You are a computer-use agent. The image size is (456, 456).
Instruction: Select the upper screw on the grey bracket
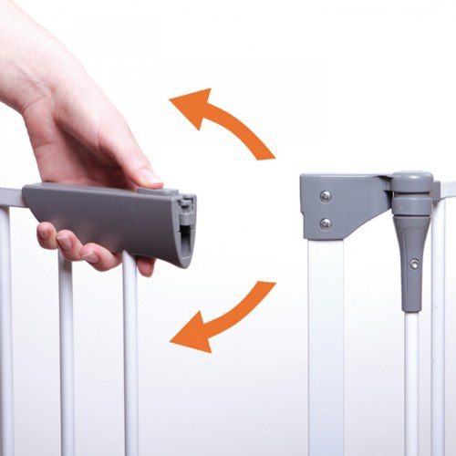coord(326,195)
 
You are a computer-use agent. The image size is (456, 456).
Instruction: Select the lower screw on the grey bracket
coord(326,223)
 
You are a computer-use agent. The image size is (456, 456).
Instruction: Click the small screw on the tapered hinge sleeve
coord(415,264)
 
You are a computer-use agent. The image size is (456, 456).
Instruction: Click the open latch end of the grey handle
coord(186,228)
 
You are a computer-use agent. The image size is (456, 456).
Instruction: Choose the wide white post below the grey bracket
coord(326,347)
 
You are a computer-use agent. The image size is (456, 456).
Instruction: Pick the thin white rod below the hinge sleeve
coord(412,383)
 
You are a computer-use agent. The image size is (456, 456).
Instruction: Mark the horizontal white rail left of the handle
coord(10,194)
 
